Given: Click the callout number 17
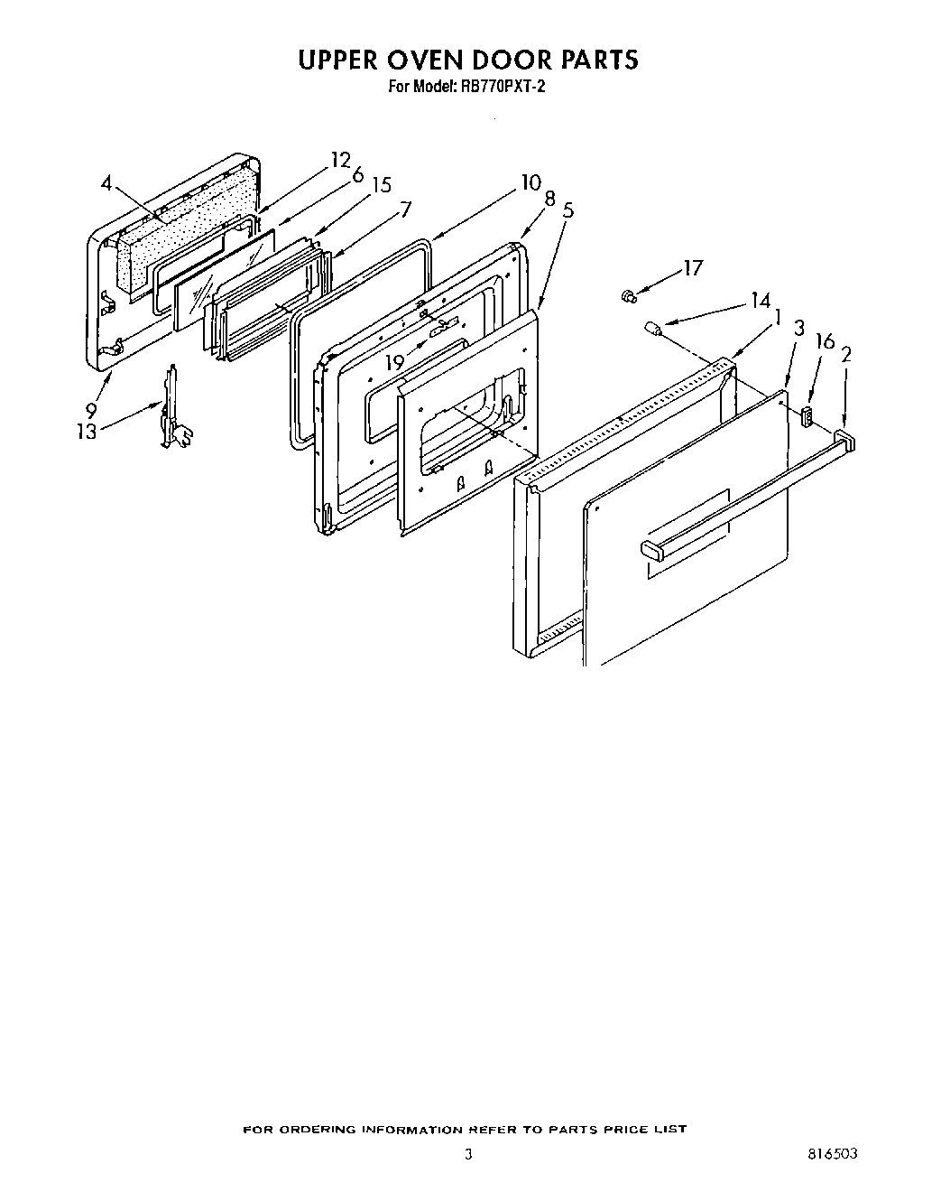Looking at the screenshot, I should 692,268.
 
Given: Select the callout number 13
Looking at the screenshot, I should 87,432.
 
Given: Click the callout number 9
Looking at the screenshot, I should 91,407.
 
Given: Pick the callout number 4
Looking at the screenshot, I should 106,183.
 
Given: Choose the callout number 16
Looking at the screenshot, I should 825,340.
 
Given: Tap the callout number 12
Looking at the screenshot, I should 339,160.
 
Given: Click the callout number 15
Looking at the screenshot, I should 381,184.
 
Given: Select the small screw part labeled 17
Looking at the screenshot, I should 629,294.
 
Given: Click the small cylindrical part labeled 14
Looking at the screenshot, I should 651,329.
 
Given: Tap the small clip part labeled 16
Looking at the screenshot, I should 806,415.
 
